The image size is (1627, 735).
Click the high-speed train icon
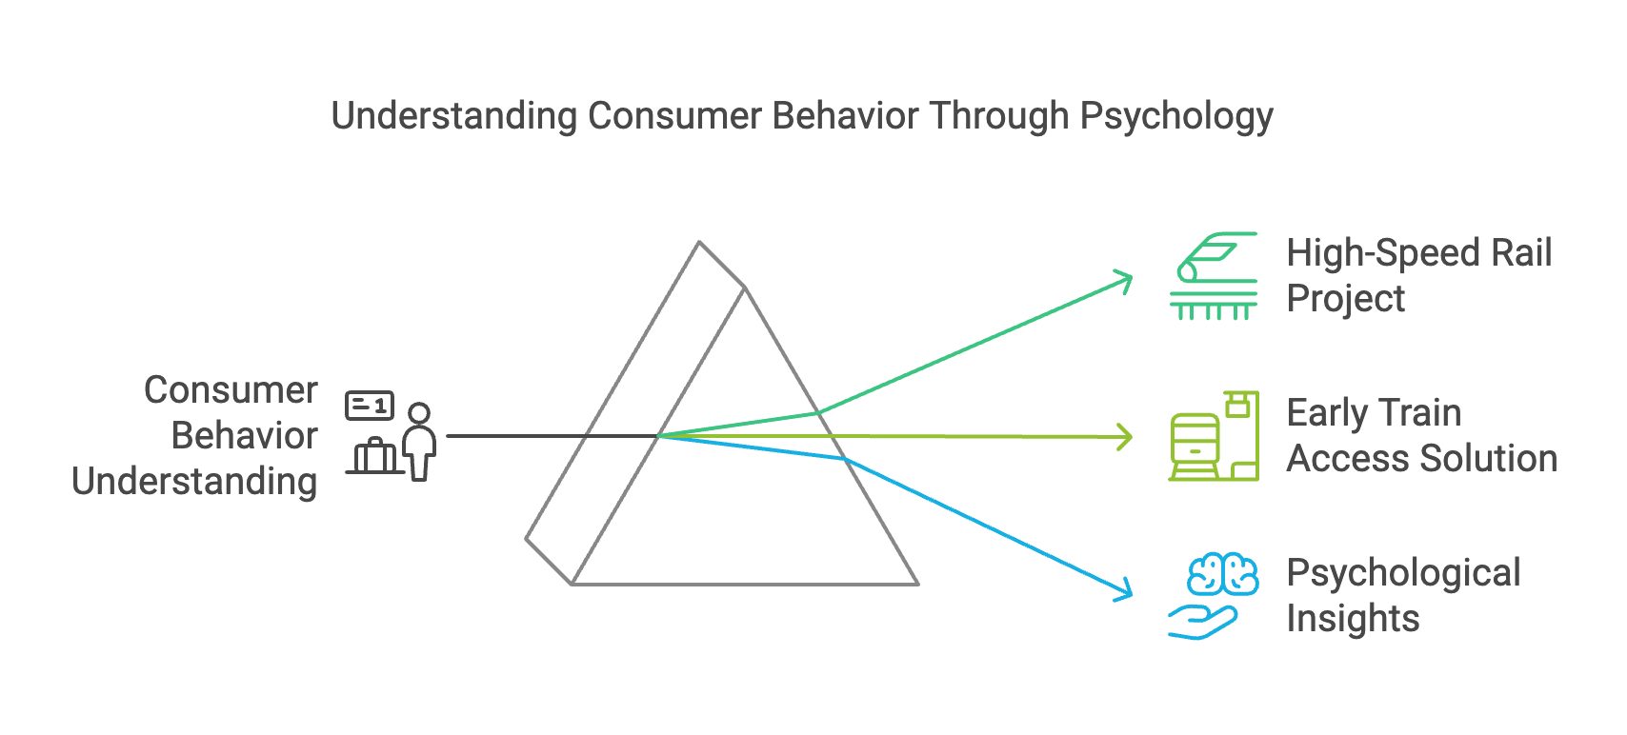(x=1214, y=275)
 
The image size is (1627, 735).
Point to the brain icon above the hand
(x=1223, y=574)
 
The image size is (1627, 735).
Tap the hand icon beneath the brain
(x=1202, y=621)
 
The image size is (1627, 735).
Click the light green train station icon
(x=1214, y=436)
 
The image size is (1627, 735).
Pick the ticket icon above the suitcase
(x=369, y=406)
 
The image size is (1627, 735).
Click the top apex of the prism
(x=699, y=243)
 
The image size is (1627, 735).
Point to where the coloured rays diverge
(x=659, y=436)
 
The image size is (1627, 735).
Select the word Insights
(x=1353, y=619)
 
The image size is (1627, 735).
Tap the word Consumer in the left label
(x=231, y=390)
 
